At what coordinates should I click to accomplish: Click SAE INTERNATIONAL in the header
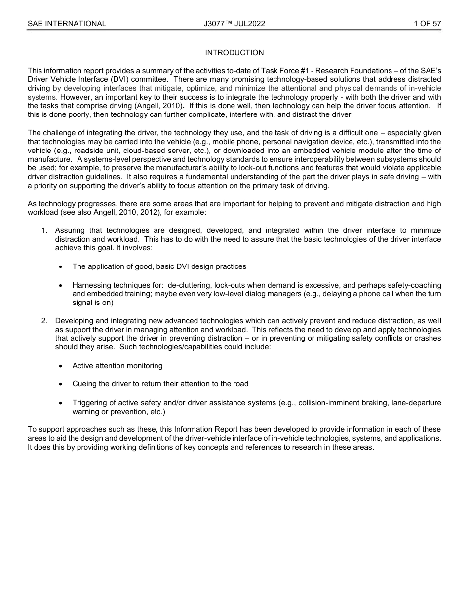pyautogui.click(x=67, y=24)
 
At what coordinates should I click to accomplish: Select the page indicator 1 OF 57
pyautogui.click(x=427, y=24)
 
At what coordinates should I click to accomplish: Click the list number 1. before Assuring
pyautogui.click(x=44, y=230)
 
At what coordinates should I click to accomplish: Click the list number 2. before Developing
pyautogui.click(x=44, y=321)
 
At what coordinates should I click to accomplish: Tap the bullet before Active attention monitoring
pyautogui.click(x=60, y=366)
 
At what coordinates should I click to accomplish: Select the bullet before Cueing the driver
pyautogui.click(x=60, y=384)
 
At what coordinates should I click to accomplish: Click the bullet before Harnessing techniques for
pyautogui.click(x=60, y=286)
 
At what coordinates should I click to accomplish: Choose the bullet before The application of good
pyautogui.click(x=60, y=267)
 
